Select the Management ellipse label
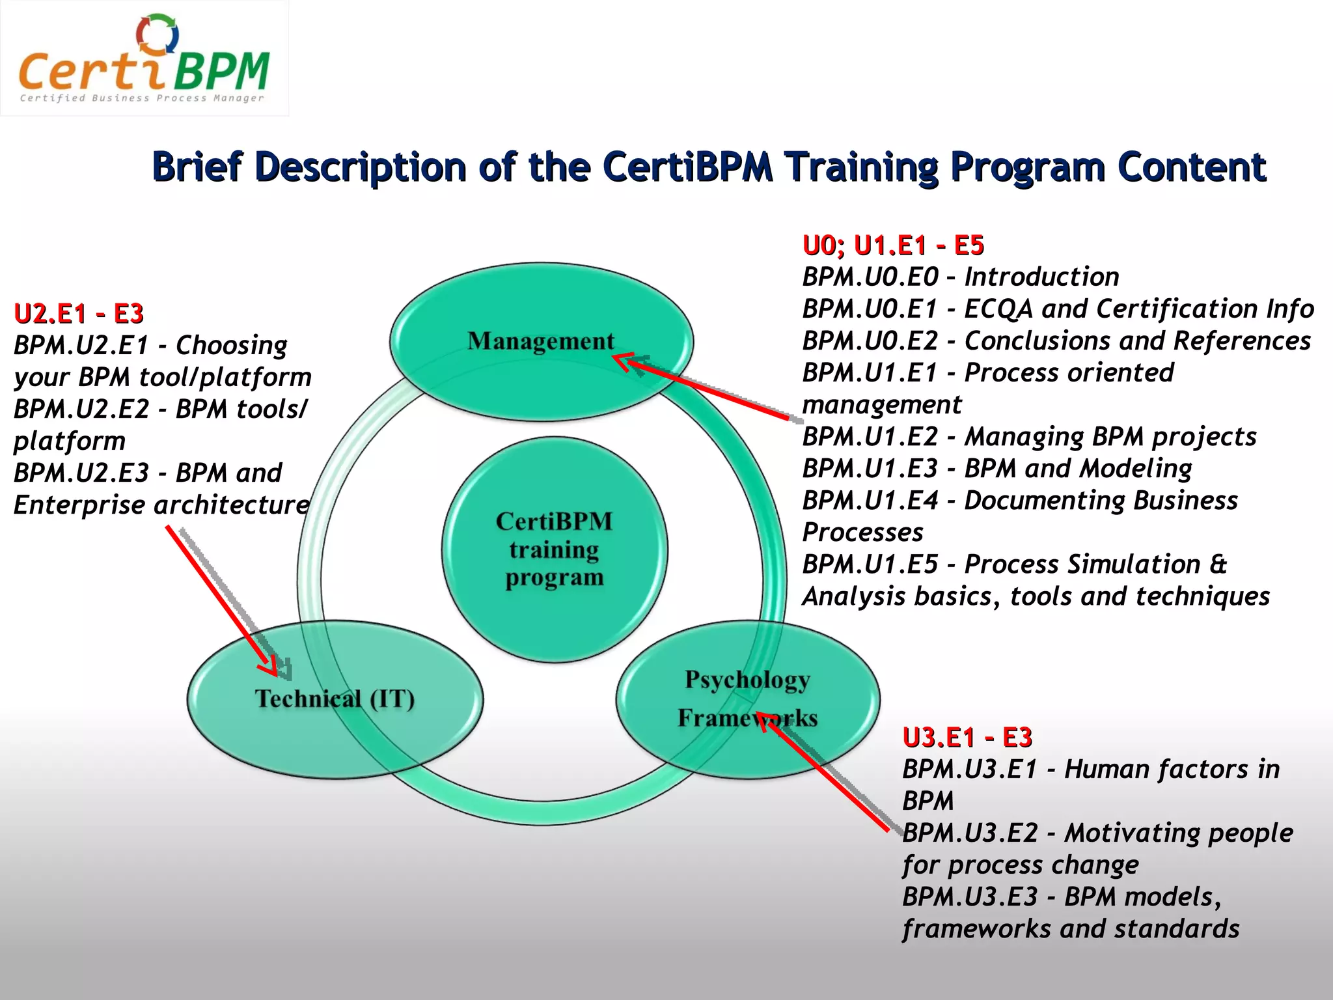point(540,341)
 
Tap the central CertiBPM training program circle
point(555,549)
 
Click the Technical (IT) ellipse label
point(335,699)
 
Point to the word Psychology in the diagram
point(747,680)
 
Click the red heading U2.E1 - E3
point(79,314)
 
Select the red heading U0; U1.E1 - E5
point(893,245)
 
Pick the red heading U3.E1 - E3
point(967,738)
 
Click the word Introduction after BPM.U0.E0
point(1041,277)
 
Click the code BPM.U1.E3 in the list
point(870,469)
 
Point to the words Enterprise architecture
point(161,505)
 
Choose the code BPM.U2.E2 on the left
point(81,410)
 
